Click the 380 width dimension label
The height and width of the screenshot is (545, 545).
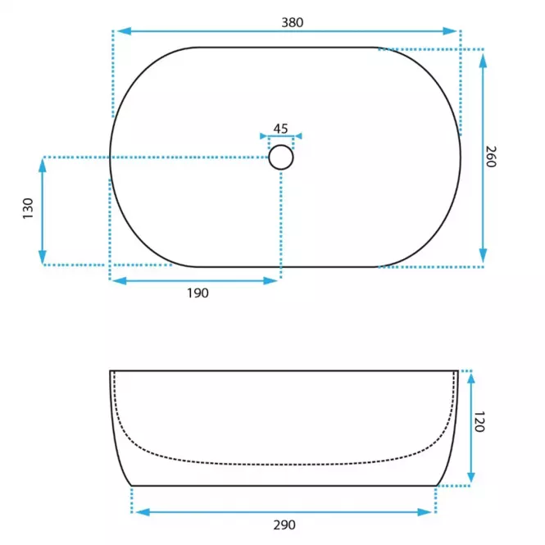pos(293,23)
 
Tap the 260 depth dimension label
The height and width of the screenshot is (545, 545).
pos(491,157)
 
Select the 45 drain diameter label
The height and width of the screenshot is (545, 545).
pos(280,129)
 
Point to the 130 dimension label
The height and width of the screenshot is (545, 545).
pos(28,208)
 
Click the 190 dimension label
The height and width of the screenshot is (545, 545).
pos(198,293)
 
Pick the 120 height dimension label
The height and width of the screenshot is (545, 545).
pos(479,422)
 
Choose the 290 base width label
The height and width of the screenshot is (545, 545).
pos(284,525)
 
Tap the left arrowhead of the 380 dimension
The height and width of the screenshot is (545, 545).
pos(124,31)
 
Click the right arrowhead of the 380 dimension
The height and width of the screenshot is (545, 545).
pos(450,31)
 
